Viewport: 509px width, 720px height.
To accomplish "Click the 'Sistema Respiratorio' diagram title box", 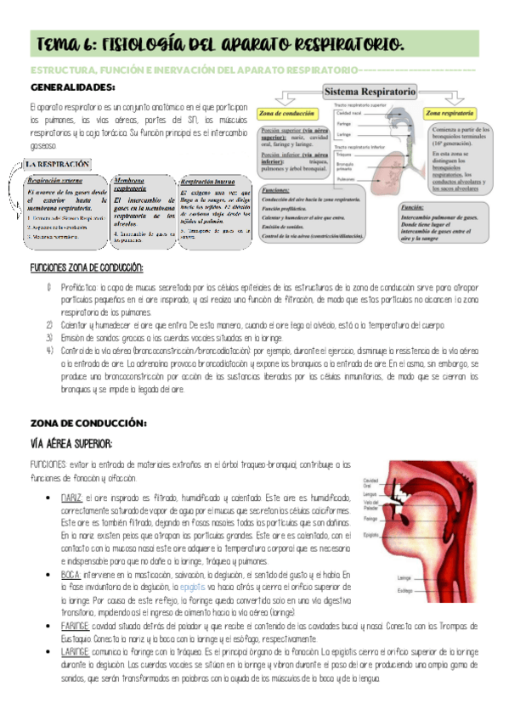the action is pos(366,90).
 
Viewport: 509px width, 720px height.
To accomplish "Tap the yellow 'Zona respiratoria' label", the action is pos(451,111).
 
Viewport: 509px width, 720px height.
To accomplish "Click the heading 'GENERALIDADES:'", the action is pos(72,87).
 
